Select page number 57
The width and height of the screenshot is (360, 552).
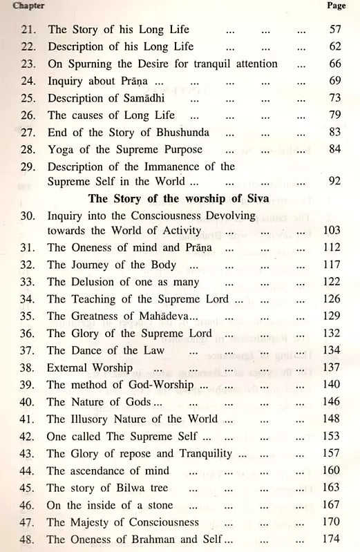[335, 30]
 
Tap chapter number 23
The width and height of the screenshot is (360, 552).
[28, 64]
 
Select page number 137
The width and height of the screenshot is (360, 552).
[333, 367]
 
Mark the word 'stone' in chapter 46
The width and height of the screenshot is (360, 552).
[158, 504]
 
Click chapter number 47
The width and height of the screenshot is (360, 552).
[28, 522]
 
